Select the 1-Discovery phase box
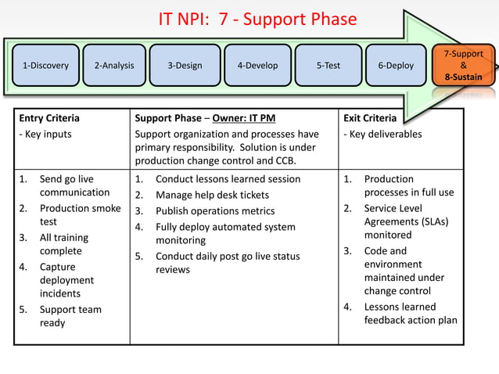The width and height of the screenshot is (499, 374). click(45, 66)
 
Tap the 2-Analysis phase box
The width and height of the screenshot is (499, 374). click(113, 66)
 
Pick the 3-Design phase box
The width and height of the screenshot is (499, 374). click(185, 66)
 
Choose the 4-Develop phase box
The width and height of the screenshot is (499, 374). click(257, 66)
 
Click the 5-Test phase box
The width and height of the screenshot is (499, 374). click(328, 66)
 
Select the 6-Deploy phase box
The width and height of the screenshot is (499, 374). click(396, 66)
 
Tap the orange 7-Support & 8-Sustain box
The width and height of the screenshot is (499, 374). click(463, 66)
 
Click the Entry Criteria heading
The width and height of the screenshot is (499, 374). click(49, 118)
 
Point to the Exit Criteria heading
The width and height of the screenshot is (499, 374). click(370, 118)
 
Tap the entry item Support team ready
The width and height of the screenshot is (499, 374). click(70, 316)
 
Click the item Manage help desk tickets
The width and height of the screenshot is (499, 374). click(212, 195)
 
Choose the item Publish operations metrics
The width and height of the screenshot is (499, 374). click(215, 210)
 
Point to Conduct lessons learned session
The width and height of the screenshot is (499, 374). click(228, 179)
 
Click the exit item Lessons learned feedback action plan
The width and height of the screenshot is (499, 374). click(410, 313)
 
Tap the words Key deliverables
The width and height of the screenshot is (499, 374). click(386, 134)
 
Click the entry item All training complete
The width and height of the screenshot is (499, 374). click(64, 244)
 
